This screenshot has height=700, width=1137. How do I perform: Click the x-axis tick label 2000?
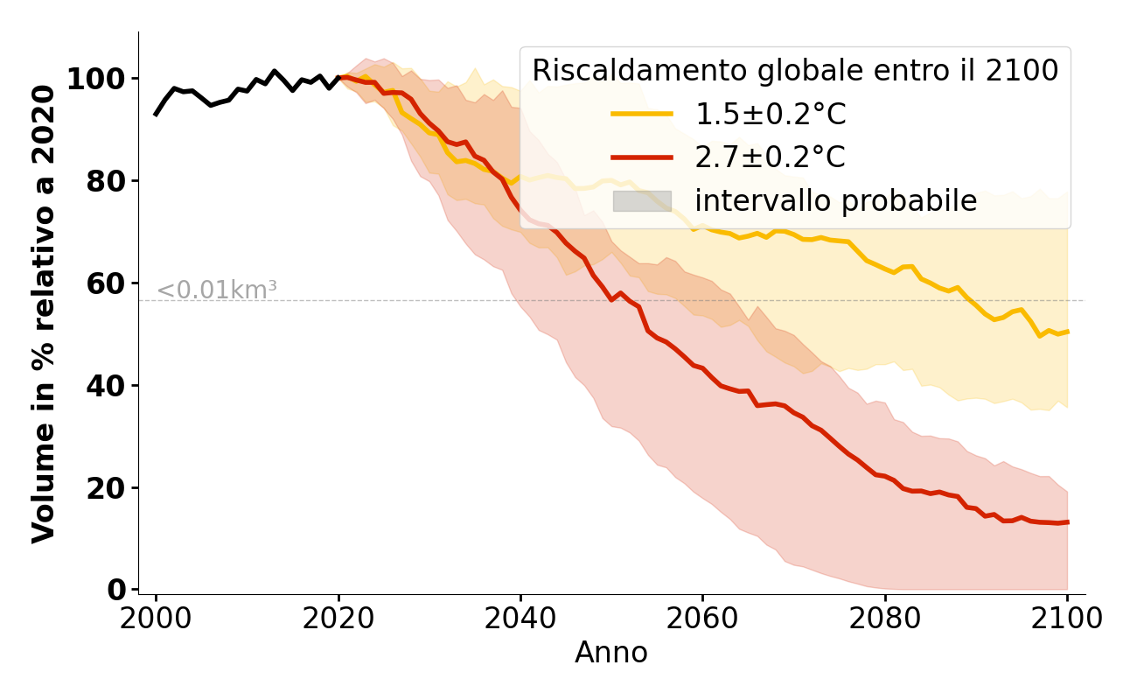[156, 619]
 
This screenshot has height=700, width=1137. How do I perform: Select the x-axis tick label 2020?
[338, 619]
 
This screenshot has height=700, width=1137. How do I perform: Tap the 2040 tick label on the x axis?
[520, 619]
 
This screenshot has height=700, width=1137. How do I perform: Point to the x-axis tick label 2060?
[702, 619]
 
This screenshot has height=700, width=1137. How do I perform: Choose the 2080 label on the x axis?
[885, 619]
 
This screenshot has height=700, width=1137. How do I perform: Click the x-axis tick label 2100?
[1067, 619]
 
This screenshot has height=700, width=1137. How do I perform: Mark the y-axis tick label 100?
[96, 80]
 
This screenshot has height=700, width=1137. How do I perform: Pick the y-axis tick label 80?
[106, 182]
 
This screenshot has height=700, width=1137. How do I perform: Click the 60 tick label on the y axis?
[106, 284]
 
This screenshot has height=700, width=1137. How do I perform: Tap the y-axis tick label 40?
[106, 386]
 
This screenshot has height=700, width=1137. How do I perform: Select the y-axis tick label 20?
[106, 488]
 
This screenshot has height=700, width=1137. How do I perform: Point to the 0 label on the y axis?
[116, 591]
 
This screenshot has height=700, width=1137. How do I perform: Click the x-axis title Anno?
[611, 654]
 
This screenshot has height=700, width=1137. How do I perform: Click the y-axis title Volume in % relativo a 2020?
[45, 313]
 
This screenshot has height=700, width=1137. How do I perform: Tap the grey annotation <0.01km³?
[217, 290]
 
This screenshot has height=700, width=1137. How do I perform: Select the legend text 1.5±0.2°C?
[771, 114]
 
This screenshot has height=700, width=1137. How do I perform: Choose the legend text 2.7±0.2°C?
[771, 157]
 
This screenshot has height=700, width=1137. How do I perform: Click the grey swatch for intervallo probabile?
[642, 201]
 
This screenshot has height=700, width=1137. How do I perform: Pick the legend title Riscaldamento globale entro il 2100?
[795, 71]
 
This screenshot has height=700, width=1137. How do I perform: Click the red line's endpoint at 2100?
[1067, 522]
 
